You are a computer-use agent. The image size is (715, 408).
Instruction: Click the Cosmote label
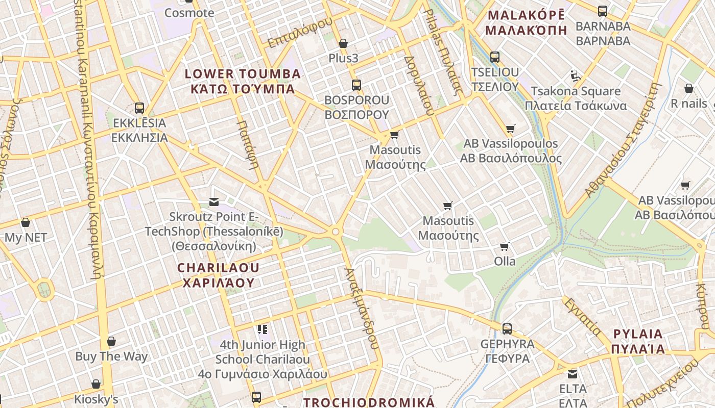pyautogui.click(x=189, y=13)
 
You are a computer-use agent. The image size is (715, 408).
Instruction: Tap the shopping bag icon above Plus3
pyautogui.click(x=343, y=44)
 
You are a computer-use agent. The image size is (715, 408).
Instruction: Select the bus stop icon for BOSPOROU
pyautogui.click(x=356, y=85)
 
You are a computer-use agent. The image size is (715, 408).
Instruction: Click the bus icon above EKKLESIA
pyautogui.click(x=139, y=108)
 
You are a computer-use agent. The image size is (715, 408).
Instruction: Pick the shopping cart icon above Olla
pyautogui.click(x=505, y=247)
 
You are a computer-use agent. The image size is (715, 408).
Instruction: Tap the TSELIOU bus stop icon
pyautogui.click(x=495, y=57)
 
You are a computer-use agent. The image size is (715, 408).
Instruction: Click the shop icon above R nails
pyautogui.click(x=689, y=89)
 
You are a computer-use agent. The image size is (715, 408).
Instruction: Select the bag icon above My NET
pyautogui.click(x=26, y=222)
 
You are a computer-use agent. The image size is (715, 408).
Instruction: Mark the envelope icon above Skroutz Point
pyautogui.click(x=214, y=202)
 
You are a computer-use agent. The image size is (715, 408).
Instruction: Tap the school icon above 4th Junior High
pyautogui.click(x=263, y=329)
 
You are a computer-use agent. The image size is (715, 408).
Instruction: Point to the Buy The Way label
pyautogui.click(x=111, y=356)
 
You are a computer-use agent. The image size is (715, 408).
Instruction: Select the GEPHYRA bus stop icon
pyautogui.click(x=507, y=329)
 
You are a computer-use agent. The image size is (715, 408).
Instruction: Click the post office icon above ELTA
pyautogui.click(x=573, y=374)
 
